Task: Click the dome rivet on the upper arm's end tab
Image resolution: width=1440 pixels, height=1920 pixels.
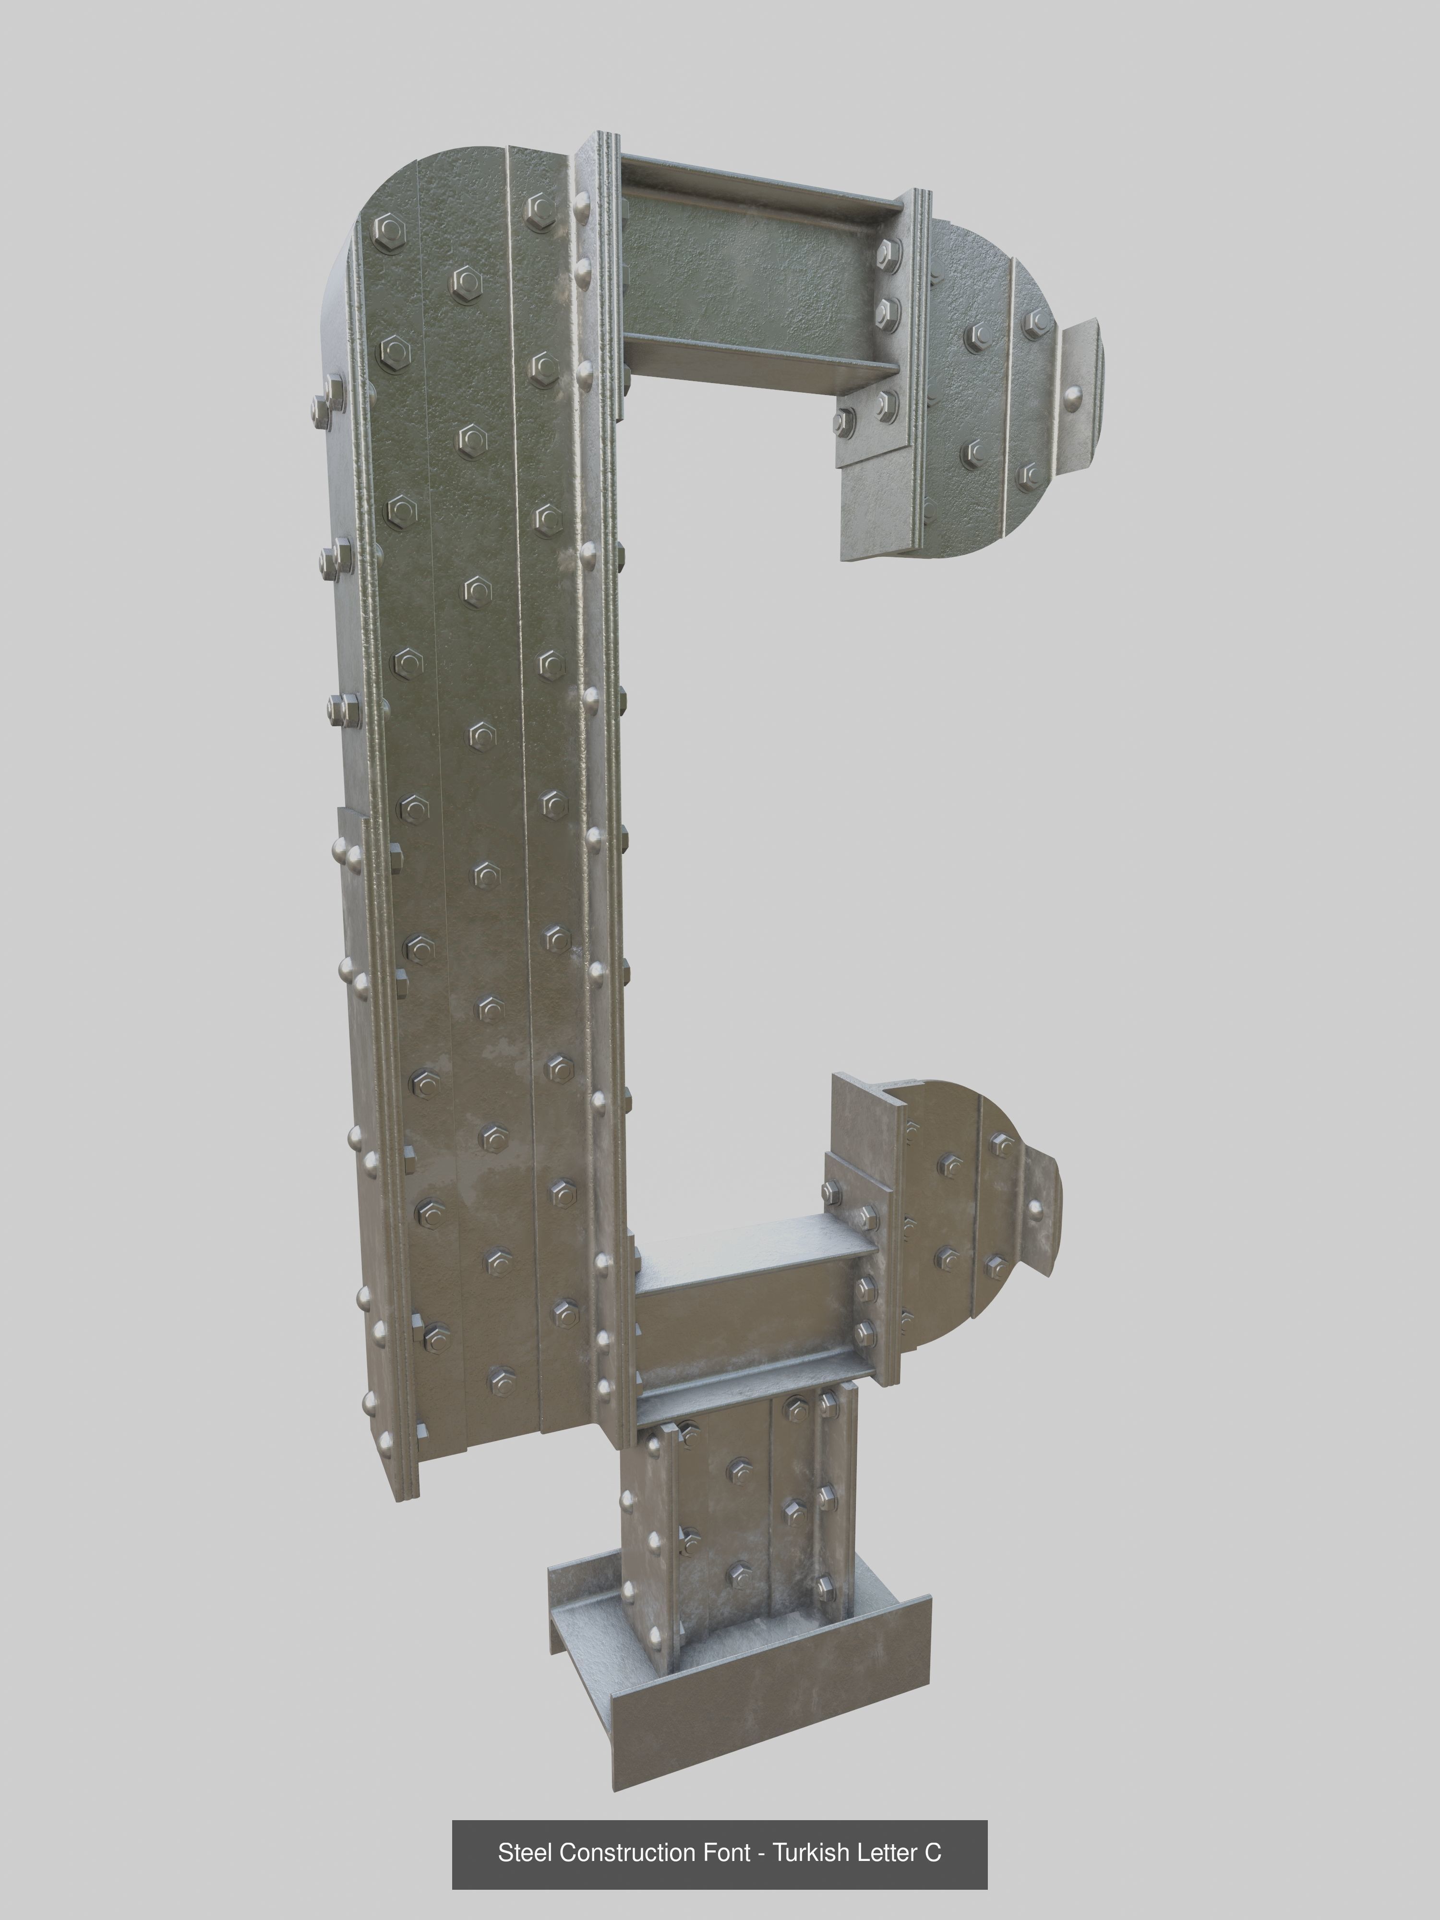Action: click(x=1075, y=399)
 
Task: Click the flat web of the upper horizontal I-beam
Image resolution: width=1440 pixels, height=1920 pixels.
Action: click(x=746, y=278)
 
